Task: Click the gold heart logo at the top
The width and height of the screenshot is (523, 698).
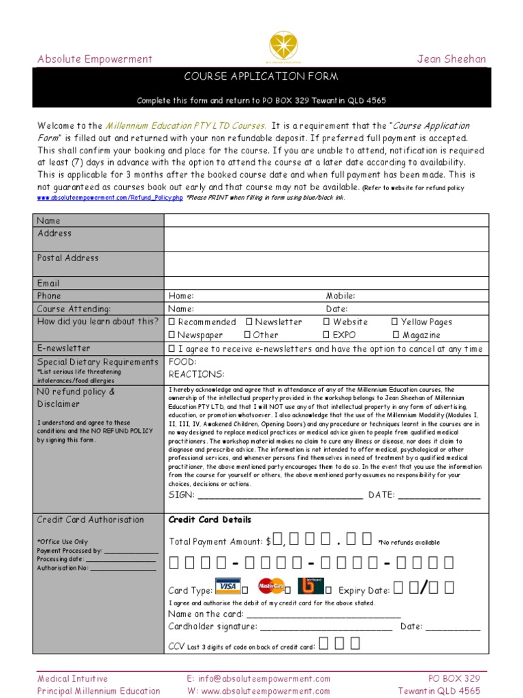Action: click(x=261, y=46)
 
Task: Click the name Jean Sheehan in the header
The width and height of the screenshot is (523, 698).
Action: click(x=451, y=59)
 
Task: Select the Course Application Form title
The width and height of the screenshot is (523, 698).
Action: click(x=261, y=77)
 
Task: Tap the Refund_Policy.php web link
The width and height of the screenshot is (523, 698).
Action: click(x=110, y=198)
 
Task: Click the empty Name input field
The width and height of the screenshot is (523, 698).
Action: click(x=326, y=220)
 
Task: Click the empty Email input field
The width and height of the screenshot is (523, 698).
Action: click(x=326, y=283)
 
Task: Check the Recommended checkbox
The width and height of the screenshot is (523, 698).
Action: click(x=172, y=322)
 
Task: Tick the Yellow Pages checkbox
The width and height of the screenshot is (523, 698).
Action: click(x=395, y=322)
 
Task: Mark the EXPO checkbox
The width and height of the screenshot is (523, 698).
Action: click(x=327, y=335)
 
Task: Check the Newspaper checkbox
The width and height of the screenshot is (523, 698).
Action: click(x=172, y=335)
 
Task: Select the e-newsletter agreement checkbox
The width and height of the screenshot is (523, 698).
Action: click(x=172, y=348)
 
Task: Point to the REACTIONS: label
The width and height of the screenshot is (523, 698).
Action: click(x=196, y=374)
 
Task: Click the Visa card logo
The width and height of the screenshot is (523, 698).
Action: click(x=227, y=586)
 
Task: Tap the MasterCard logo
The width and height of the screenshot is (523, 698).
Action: click(x=270, y=586)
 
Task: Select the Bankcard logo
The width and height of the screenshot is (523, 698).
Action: click(x=311, y=586)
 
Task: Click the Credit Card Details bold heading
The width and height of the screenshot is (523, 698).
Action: click(x=210, y=519)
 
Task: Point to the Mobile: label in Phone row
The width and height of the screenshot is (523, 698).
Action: click(x=340, y=296)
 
